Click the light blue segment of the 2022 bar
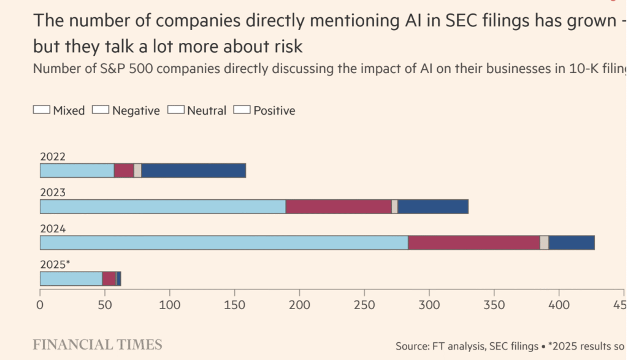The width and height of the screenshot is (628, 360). (77, 170)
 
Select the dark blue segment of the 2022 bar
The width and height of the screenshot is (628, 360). (193, 170)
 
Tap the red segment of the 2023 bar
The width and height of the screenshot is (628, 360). (339, 207)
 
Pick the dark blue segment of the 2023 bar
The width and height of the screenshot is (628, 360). (433, 207)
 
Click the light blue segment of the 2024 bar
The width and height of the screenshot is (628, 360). (224, 243)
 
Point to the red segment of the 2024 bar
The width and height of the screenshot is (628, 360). (473, 243)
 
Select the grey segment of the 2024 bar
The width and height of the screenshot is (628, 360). (544, 243)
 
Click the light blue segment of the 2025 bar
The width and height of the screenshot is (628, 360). (71, 278)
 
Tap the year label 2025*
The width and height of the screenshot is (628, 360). (55, 264)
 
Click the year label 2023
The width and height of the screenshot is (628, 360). (53, 193)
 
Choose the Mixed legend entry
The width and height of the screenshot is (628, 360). (59, 111)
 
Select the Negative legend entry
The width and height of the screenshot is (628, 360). (126, 111)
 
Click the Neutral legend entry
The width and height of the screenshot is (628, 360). (197, 111)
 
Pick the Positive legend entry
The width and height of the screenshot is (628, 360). (266, 111)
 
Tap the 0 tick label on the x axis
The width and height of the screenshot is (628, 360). (40, 304)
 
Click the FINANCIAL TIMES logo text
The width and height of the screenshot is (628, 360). (98, 345)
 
